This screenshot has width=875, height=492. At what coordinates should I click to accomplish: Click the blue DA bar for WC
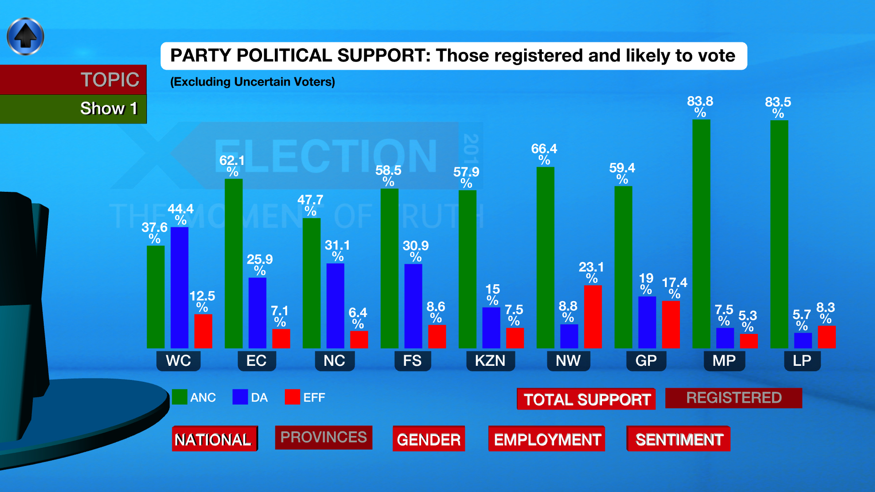coord(180,287)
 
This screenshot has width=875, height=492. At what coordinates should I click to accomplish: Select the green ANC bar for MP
coord(701,234)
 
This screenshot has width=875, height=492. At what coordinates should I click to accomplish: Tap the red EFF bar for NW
coord(592,317)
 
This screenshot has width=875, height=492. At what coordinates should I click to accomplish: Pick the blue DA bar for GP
coord(647,322)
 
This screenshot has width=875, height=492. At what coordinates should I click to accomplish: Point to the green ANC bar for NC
coord(312,283)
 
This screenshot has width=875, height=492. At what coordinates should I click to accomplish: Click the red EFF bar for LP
coord(827,337)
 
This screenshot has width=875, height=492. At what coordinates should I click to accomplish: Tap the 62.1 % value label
coord(232,165)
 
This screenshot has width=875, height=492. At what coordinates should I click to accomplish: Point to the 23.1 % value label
coord(592,272)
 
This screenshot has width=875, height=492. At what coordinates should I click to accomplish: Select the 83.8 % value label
coord(700,106)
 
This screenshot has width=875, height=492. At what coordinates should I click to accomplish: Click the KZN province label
coord(490,361)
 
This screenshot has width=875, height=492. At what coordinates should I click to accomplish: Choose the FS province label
coord(412,361)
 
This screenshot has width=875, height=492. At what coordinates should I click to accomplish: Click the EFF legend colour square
coord(292,397)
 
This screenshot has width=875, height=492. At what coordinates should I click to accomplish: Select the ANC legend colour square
coord(180,397)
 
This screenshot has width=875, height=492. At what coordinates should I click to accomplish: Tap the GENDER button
coord(429,439)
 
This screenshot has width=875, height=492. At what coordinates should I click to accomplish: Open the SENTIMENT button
coord(679,439)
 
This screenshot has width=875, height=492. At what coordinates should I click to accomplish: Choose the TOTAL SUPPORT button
coord(587,399)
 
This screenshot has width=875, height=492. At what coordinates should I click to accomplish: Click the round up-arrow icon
coord(26,36)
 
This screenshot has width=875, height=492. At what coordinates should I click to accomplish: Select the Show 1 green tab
coord(73,109)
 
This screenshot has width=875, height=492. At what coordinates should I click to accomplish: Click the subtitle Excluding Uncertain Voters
coord(252,82)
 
